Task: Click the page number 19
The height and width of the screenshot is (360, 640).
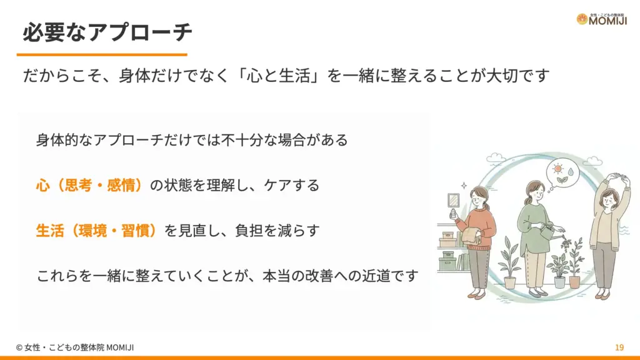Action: coord(619,347)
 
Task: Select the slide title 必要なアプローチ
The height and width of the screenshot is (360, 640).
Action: coord(107,32)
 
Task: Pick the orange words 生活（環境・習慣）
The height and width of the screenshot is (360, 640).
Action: coord(99,230)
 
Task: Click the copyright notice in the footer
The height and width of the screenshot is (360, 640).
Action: coord(75,347)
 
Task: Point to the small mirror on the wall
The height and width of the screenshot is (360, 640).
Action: coord(454,201)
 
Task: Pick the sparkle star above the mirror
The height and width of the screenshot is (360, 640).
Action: coord(463,186)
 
